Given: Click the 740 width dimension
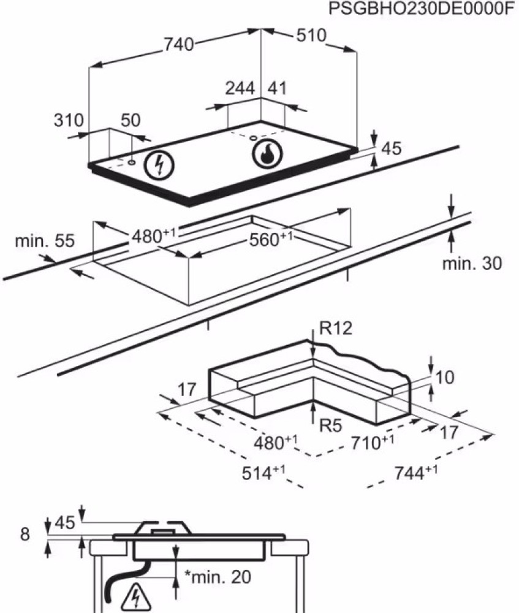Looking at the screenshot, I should pos(178,44).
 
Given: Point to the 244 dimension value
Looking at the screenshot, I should pos(240,88).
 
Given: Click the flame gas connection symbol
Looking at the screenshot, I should pos(267,154).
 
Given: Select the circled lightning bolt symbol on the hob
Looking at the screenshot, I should pos(159,164).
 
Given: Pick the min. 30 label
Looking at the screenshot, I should pos(471,264).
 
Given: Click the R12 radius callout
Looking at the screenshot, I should pos(336,329).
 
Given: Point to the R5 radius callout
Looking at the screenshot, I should pos(329,425).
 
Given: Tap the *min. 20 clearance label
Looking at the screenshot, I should pos(217,577).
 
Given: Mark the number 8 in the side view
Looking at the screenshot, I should pos(24,535).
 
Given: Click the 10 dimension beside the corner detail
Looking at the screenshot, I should pos(445,378).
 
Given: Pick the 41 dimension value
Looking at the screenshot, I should pos(276,88).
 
